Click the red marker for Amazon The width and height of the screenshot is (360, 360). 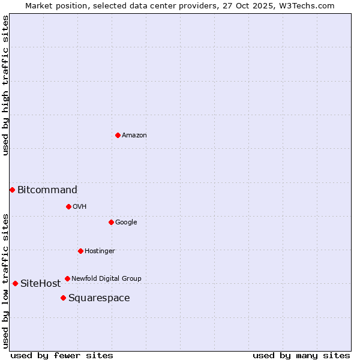(x=118, y=135)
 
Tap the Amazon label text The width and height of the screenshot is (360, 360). (x=134, y=136)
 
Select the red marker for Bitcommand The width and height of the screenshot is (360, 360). (x=12, y=190)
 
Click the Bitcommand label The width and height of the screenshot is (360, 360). (x=47, y=190)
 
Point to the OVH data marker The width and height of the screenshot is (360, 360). (x=68, y=206)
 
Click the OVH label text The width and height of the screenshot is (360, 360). (x=80, y=207)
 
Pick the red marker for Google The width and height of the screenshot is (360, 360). (x=111, y=222)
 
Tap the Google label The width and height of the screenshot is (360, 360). (x=126, y=223)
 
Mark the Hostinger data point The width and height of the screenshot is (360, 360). (x=80, y=251)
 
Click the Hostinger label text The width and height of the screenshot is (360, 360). (x=100, y=251)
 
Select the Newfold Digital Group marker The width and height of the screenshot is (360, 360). (x=67, y=278)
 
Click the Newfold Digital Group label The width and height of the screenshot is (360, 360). (x=106, y=279)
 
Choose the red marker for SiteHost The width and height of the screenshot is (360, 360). (x=15, y=283)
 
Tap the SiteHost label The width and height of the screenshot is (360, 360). (x=41, y=284)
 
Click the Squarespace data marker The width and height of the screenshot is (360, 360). (x=63, y=298)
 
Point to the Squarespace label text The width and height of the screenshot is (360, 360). (x=99, y=298)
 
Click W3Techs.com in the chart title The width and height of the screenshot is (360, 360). (x=309, y=5)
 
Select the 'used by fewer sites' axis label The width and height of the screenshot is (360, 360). (x=62, y=355)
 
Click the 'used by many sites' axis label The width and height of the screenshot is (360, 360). (x=301, y=355)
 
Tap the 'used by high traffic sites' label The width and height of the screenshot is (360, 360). (x=6, y=85)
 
